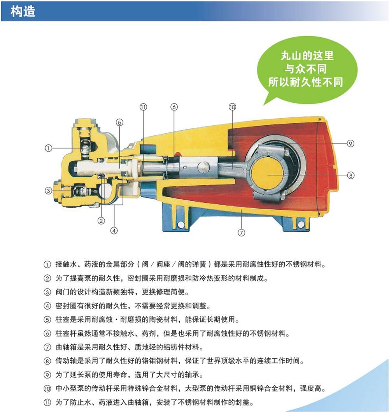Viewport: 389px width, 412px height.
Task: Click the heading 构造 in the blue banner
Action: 23,12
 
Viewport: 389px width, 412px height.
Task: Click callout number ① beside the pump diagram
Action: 48,148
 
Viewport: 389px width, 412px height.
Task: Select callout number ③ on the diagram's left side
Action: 48,191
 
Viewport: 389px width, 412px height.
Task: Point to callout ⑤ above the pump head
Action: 119,123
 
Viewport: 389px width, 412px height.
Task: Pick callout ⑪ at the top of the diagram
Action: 143,107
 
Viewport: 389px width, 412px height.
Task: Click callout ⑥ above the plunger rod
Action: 174,107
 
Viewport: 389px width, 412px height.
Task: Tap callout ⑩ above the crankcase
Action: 232,107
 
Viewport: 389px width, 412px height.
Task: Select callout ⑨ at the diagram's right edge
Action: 350,144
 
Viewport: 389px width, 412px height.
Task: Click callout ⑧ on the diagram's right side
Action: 350,175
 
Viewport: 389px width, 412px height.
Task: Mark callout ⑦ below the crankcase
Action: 241,232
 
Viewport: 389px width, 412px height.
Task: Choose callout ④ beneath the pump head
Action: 114,231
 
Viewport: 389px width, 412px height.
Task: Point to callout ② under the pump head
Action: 101,221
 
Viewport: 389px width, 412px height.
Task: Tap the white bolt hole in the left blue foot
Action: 181,225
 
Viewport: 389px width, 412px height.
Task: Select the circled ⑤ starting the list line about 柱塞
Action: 47,319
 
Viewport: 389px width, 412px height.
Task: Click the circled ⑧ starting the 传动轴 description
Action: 47,361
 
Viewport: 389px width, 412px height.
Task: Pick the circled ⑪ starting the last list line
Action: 47,402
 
